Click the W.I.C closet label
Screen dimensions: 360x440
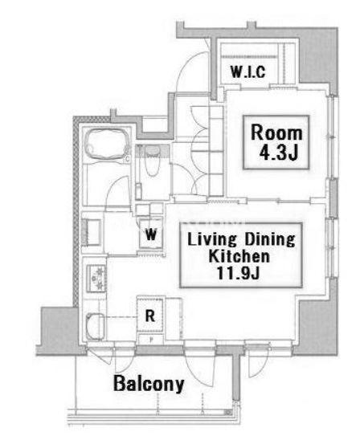(248, 71)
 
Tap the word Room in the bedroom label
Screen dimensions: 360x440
(276, 132)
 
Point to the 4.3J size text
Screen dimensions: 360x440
(278, 153)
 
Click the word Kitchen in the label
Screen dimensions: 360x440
(239, 256)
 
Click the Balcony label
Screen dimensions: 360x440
(149, 384)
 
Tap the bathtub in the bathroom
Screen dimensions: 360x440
(108, 144)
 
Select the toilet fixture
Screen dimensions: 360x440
(152, 160)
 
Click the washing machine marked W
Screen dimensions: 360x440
(151, 234)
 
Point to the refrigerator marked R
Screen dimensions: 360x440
(150, 316)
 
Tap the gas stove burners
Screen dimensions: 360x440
(96, 278)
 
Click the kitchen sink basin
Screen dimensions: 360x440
(95, 327)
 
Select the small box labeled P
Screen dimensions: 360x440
(151, 340)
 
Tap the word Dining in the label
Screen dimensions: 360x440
(270, 239)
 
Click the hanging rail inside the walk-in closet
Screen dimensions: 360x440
(249, 57)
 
